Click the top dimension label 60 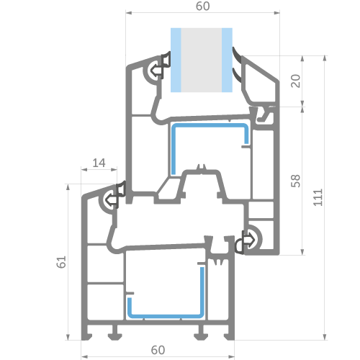(x=203, y=6)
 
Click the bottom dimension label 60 (x=158, y=350)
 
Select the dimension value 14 (x=99, y=163)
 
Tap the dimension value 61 (x=61, y=262)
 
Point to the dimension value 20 (x=295, y=81)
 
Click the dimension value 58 (x=295, y=181)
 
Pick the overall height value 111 (x=318, y=197)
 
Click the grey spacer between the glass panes (x=202, y=60)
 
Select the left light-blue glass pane (x=176, y=60)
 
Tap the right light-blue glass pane (x=227, y=60)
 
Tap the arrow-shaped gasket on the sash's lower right (x=244, y=242)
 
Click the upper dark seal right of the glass (x=237, y=55)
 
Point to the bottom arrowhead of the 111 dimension (x=325, y=337)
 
